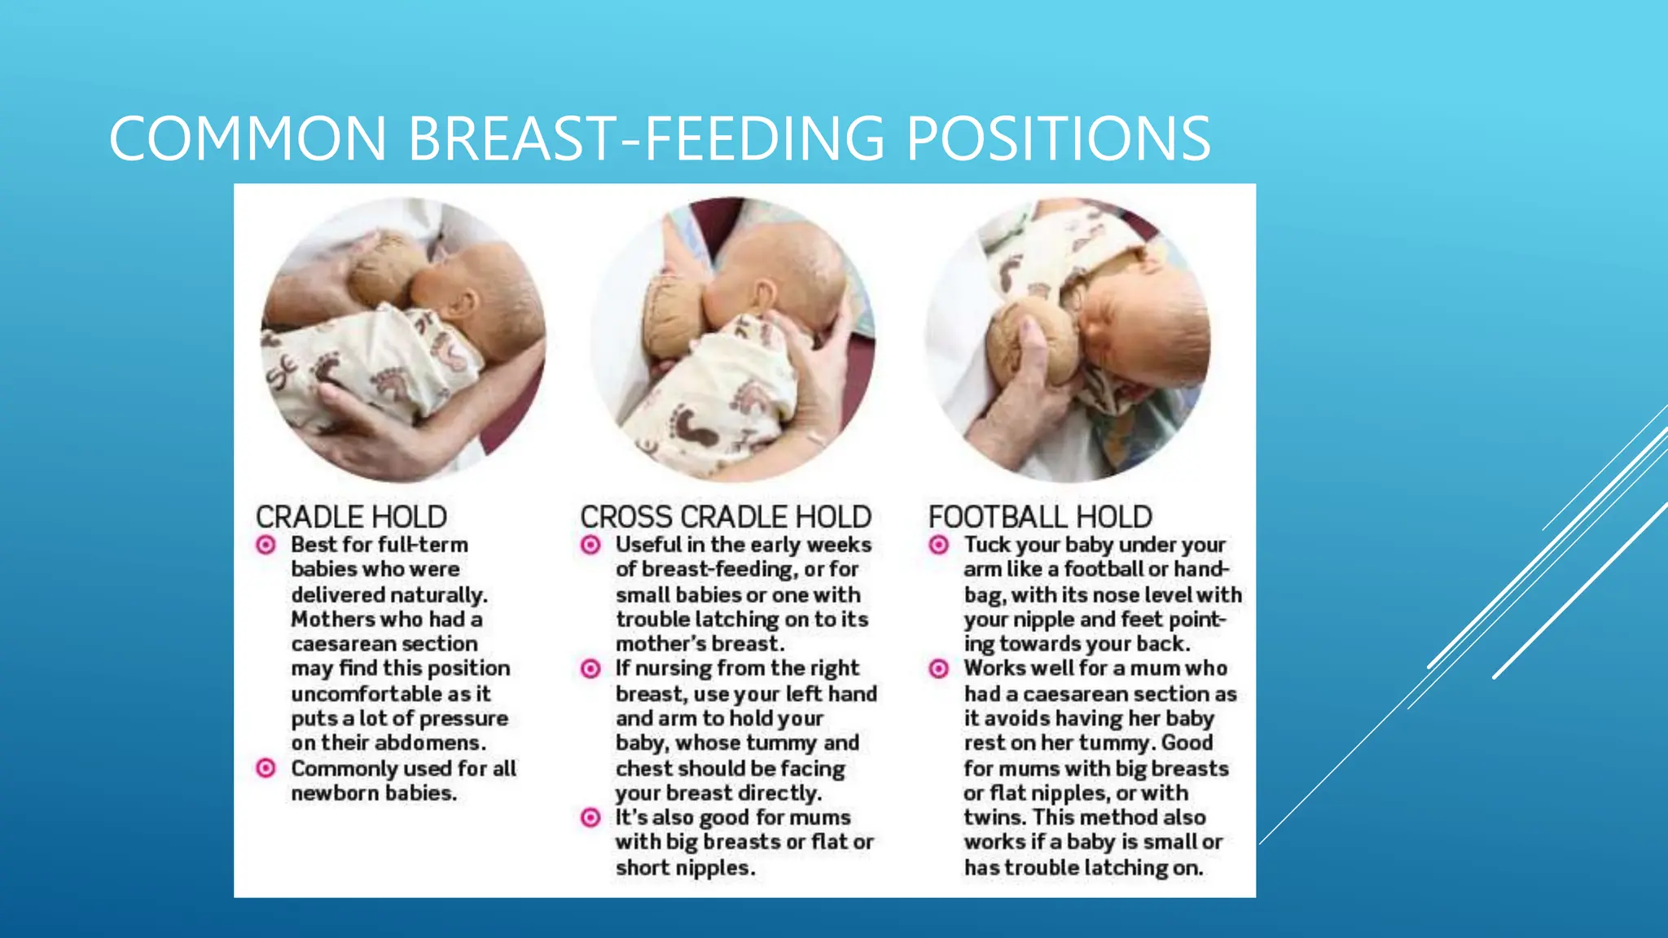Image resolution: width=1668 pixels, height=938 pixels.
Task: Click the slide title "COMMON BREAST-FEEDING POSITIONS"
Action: [660, 138]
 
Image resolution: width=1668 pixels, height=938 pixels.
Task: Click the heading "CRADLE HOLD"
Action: [351, 517]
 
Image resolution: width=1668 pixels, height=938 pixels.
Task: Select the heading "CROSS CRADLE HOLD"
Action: [726, 517]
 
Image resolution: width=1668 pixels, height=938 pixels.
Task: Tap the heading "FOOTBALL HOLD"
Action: [1040, 517]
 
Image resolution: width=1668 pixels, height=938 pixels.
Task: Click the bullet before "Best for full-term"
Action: [266, 545]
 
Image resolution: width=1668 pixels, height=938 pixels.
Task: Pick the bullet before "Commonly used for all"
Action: [266, 768]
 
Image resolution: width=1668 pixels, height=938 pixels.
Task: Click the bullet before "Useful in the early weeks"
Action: [590, 545]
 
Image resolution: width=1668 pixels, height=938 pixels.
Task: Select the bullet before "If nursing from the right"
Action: [590, 668]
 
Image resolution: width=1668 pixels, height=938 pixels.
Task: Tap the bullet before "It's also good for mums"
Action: [590, 817]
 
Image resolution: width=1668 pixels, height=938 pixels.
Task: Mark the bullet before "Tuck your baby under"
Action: [938, 545]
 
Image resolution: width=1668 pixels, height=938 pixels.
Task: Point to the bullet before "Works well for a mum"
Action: [938, 668]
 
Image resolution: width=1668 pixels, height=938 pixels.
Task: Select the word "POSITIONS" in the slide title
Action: [1058, 138]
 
